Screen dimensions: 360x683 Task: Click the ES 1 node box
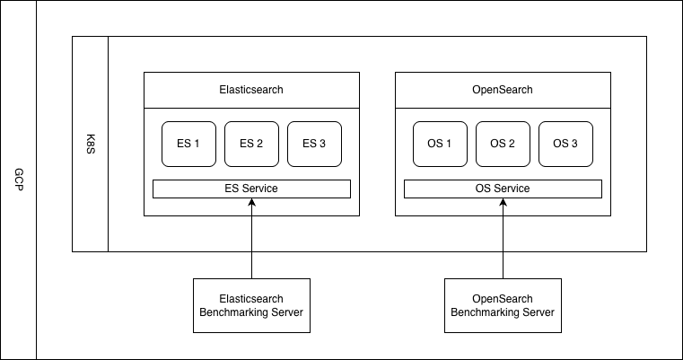[188, 144]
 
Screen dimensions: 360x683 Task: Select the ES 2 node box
[251, 144]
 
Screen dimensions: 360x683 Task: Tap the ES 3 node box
[314, 144]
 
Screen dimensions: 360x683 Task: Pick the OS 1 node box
[440, 144]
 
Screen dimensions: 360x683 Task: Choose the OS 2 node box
[503, 144]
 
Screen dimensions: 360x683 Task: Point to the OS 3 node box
[565, 144]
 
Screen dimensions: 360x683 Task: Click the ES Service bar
[251, 189]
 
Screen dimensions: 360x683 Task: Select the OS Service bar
[503, 189]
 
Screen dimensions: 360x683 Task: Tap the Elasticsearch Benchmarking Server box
[251, 305]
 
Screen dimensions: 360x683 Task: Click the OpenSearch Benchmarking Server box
[503, 305]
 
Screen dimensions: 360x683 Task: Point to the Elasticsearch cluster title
[251, 90]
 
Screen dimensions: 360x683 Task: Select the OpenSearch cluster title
[503, 90]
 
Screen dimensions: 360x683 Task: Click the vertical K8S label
[90, 144]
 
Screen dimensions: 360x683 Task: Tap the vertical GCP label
[18, 180]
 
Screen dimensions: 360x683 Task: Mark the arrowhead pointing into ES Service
[251, 203]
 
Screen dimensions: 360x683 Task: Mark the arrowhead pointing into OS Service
[503, 203]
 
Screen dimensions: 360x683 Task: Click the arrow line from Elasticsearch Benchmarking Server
[251, 242]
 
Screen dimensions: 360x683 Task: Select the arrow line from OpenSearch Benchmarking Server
[503, 242]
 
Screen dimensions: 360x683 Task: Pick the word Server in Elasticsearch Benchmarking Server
[283, 312]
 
